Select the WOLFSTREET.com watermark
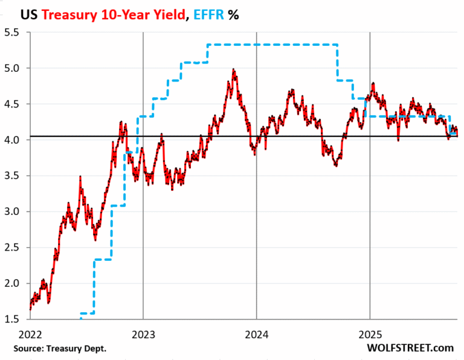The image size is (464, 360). [410, 349]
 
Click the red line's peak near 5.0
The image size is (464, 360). [233, 70]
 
